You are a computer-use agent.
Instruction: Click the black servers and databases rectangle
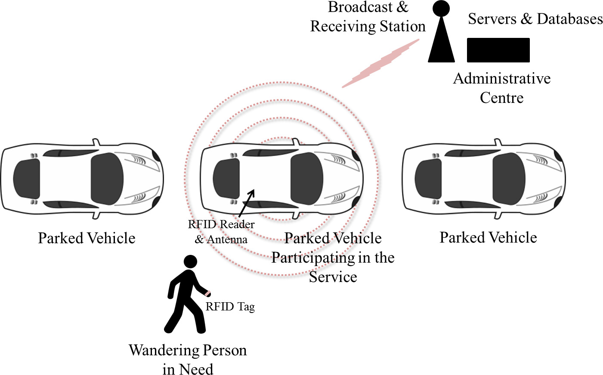click(x=498, y=50)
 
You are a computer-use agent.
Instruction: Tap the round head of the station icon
click(x=441, y=8)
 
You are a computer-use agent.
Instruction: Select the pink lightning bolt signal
click(x=381, y=64)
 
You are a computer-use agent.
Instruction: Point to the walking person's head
click(x=190, y=262)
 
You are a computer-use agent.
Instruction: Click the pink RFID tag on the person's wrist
click(x=208, y=294)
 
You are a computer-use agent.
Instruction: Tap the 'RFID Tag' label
click(x=230, y=307)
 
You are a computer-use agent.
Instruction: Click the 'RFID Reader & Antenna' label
click(x=221, y=232)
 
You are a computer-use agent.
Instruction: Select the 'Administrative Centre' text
click(x=502, y=88)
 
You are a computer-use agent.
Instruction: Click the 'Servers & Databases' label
click(x=535, y=19)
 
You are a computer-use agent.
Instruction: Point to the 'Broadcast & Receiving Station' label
click(x=368, y=17)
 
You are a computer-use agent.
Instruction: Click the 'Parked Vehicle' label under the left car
click(x=87, y=238)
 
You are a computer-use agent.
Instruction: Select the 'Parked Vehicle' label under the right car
click(x=488, y=237)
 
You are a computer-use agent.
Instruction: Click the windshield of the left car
click(x=107, y=179)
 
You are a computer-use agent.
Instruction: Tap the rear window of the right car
click(x=428, y=179)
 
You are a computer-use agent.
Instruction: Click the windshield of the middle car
click(x=306, y=179)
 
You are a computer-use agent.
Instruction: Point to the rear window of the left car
click(x=26, y=179)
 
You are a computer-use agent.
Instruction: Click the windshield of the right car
click(x=509, y=179)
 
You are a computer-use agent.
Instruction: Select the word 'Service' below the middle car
click(x=333, y=277)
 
